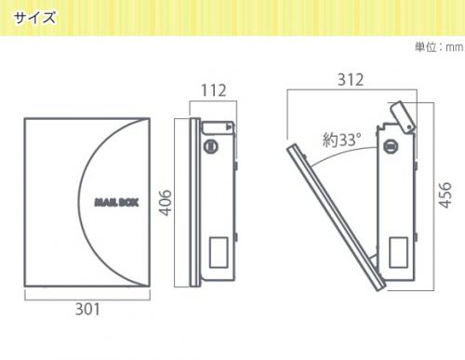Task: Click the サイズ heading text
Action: [x=34, y=18]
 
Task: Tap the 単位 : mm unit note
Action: [x=439, y=47]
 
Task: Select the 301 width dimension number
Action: [x=87, y=309]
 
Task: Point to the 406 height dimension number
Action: [x=166, y=203]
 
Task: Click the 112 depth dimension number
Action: [x=214, y=90]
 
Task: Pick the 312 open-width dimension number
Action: [x=351, y=80]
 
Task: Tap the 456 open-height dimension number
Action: [x=445, y=194]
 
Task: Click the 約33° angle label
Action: [x=341, y=140]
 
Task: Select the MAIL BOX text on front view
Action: [x=116, y=203]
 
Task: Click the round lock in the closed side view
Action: [x=211, y=146]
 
